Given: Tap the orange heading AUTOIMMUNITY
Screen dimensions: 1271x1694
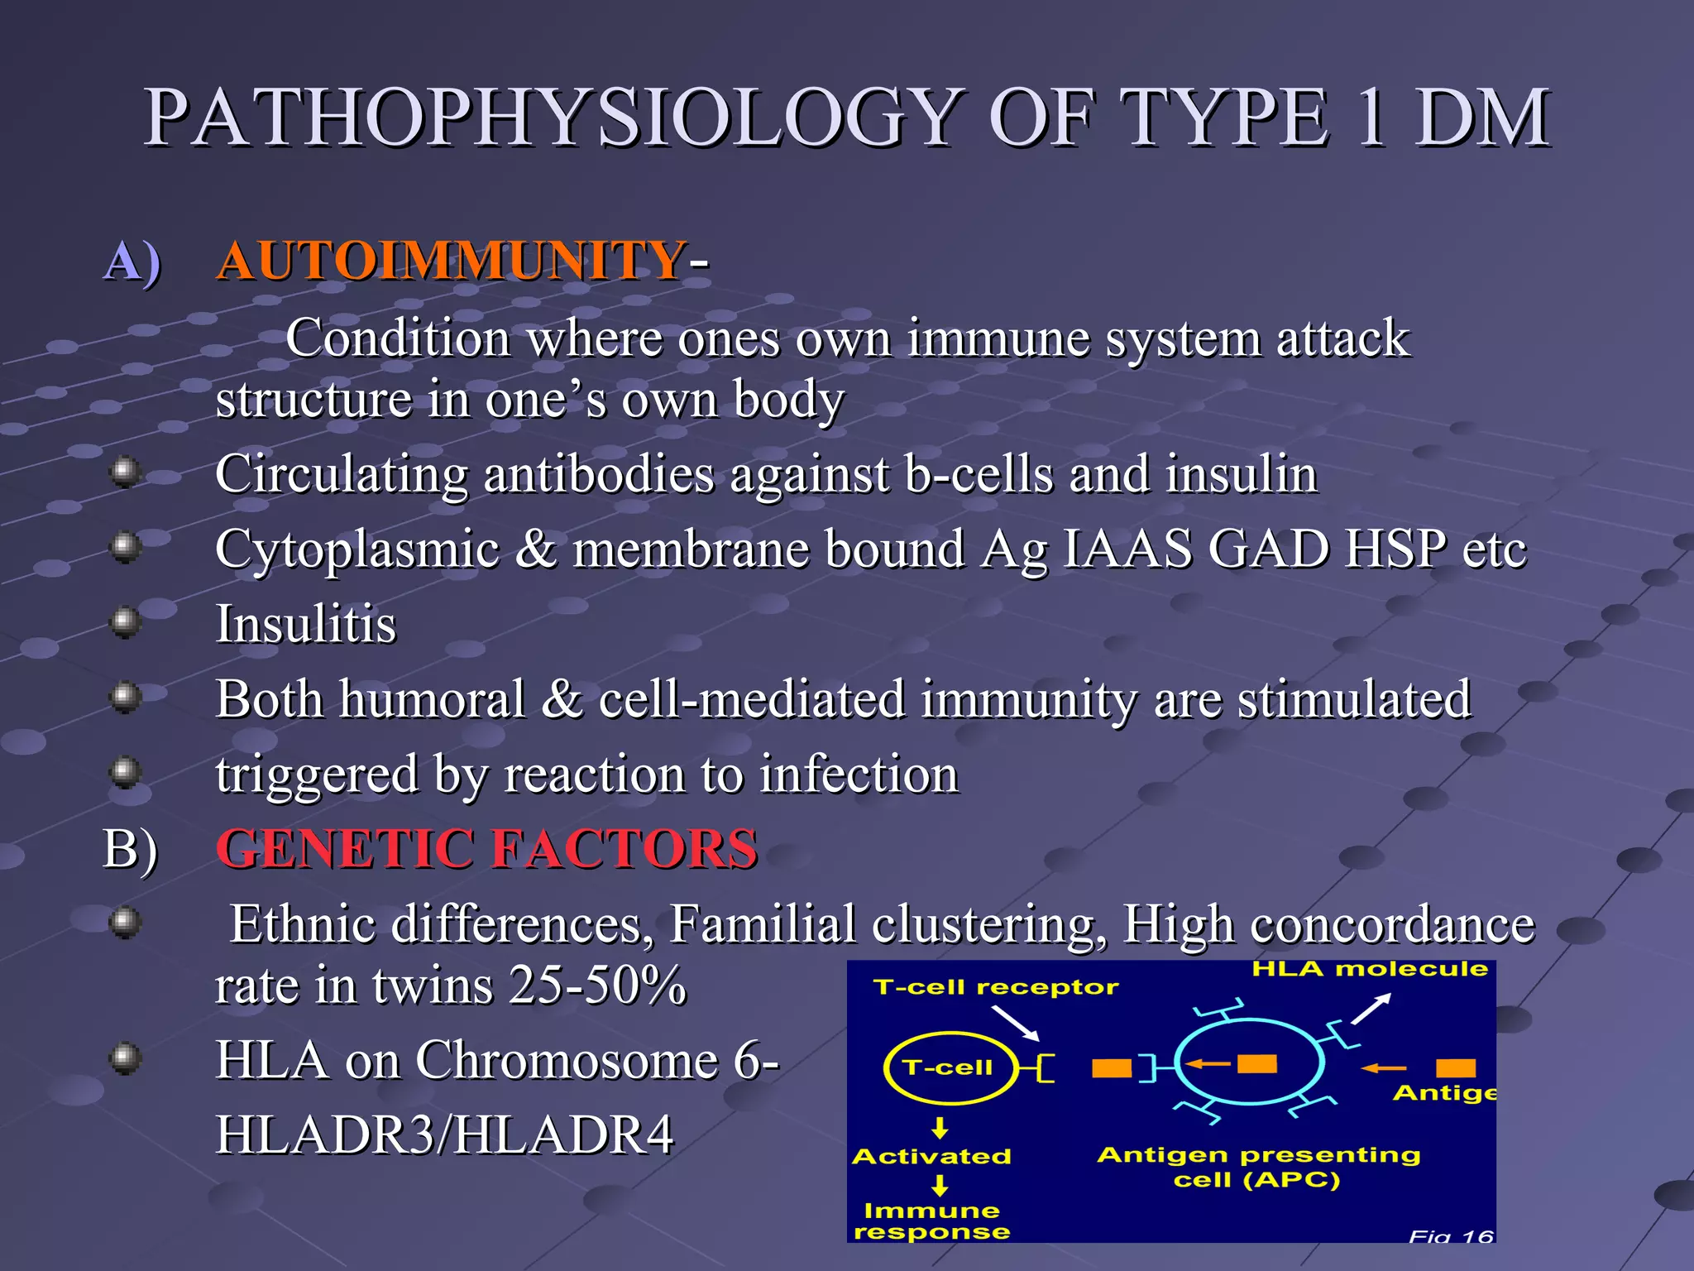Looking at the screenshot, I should [x=451, y=261].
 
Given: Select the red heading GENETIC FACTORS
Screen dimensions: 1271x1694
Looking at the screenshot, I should [x=486, y=849].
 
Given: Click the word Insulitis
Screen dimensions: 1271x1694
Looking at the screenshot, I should [x=305, y=623].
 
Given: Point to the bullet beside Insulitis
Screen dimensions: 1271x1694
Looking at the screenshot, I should [x=125, y=621].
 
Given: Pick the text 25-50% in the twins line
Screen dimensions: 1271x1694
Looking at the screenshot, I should [x=597, y=986].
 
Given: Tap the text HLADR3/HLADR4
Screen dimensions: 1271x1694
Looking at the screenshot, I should [x=444, y=1134].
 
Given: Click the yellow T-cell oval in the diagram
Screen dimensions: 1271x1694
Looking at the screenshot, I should [x=949, y=1067].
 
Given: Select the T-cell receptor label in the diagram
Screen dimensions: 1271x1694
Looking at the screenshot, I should [x=995, y=987].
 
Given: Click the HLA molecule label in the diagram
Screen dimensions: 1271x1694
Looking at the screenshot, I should [x=1369, y=969].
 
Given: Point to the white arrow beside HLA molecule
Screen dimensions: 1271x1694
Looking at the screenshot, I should [x=1371, y=1009].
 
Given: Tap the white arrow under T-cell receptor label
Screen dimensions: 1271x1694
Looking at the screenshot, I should [x=1015, y=1024].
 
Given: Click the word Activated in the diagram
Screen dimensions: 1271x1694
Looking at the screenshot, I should [x=931, y=1156].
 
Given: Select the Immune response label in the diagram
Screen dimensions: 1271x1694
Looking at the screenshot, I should [x=931, y=1221].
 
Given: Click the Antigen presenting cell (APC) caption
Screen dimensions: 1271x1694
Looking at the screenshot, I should [x=1258, y=1167].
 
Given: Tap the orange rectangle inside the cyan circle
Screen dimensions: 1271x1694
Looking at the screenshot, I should [x=1256, y=1063].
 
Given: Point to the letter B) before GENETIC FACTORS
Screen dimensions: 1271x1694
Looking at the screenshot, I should [x=130, y=849].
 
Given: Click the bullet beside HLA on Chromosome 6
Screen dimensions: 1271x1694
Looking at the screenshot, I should [x=125, y=1058].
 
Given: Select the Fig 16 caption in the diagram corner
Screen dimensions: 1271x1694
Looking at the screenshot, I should [x=1451, y=1236].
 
